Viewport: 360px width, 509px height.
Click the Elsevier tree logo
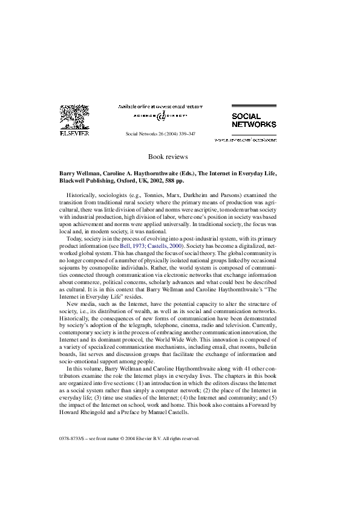click(x=76, y=118)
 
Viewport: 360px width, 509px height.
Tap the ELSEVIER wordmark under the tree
click(x=76, y=134)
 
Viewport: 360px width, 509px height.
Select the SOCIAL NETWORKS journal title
click(x=246, y=120)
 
